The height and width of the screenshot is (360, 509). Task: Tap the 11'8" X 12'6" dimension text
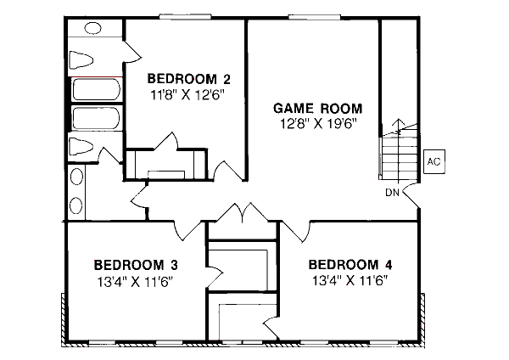(187, 95)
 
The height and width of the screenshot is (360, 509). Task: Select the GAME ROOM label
(318, 108)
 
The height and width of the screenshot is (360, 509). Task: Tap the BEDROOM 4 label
(351, 263)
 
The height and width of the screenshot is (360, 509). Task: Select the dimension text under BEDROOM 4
(351, 280)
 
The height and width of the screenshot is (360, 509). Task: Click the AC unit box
(433, 161)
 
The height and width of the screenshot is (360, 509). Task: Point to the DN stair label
(392, 192)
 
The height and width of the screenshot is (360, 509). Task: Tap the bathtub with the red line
(95, 89)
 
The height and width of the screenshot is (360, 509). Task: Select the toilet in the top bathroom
(82, 59)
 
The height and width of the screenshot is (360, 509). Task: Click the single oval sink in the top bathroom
(76, 181)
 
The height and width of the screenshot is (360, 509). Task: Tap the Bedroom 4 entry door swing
(295, 229)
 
